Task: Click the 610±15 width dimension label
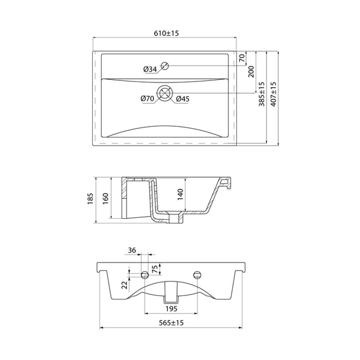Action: point(167,33)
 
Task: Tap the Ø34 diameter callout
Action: point(150,69)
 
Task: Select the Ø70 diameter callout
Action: point(148,98)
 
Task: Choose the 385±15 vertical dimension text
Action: point(262,94)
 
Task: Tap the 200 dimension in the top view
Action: point(251,71)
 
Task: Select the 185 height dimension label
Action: point(90,199)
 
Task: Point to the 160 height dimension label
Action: point(105,198)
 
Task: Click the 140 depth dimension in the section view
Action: point(181,194)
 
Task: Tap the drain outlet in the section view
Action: point(176,218)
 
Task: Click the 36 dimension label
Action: point(132,250)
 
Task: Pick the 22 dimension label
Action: point(124,285)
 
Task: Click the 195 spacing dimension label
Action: point(171,309)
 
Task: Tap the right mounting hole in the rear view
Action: point(197,275)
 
